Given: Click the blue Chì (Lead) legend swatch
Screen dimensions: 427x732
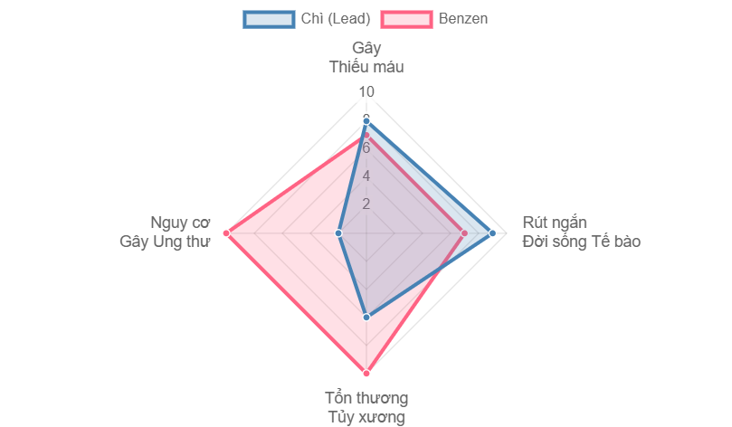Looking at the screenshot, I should tap(269, 19).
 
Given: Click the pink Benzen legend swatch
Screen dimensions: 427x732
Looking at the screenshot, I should tap(406, 19).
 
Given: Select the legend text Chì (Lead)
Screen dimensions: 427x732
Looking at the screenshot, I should tap(335, 19).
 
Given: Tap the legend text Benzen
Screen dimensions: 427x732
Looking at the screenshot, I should tap(462, 19).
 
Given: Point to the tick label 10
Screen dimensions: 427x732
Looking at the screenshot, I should tap(366, 92).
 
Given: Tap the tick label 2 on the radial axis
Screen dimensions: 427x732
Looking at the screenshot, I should tap(366, 204).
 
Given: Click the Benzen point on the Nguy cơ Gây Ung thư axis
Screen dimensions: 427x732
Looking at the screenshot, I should tap(226, 233).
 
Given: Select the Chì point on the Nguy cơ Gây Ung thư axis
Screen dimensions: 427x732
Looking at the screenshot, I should tap(339, 233).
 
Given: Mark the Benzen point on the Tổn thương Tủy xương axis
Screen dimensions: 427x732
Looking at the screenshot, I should tap(366, 373).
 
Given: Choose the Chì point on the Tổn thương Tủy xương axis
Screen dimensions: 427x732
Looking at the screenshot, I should tap(366, 318).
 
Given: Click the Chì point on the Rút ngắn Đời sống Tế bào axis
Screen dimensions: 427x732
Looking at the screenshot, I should tap(493, 233).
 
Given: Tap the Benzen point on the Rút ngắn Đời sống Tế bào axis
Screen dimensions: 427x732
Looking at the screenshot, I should tap(465, 233).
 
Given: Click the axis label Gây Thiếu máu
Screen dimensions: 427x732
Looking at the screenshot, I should tap(366, 57).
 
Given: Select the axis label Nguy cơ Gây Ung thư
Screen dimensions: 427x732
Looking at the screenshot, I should tap(165, 232).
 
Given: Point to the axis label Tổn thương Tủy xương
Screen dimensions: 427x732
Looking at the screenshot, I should tap(366, 408).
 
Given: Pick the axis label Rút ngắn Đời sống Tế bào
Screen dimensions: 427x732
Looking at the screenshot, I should tap(582, 232).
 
